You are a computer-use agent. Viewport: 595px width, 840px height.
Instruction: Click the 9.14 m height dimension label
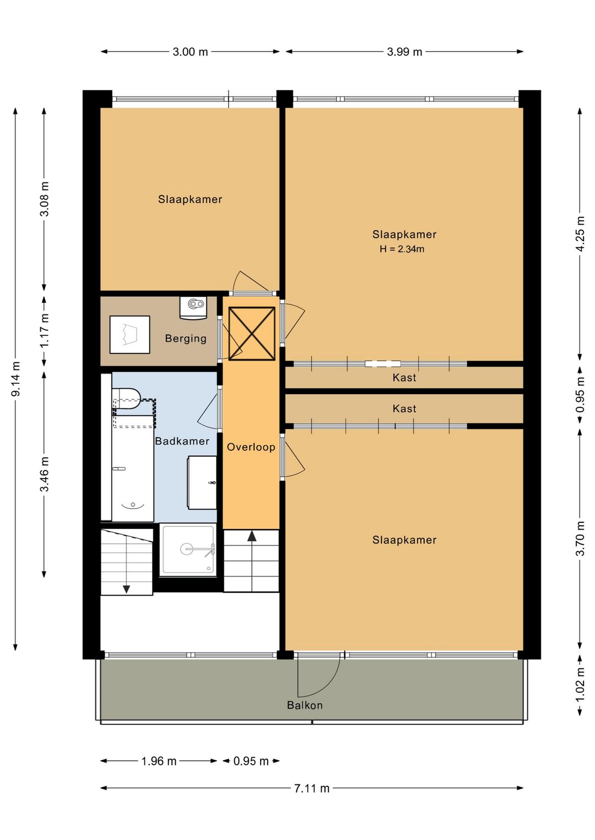[x=16, y=379]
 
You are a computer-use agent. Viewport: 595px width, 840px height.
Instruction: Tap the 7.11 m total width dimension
[x=312, y=788]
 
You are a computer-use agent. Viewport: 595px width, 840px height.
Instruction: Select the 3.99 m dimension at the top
[x=404, y=52]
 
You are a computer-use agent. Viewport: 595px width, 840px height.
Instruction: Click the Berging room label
[x=186, y=339]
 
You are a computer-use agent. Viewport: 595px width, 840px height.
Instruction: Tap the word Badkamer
[x=182, y=441]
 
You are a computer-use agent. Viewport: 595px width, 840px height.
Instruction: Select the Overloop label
[x=251, y=447]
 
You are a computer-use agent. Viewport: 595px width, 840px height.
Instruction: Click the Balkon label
[x=305, y=705]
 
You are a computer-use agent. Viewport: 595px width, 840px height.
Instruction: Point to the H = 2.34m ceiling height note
[x=402, y=249]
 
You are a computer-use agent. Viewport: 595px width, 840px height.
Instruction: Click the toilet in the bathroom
[x=126, y=399]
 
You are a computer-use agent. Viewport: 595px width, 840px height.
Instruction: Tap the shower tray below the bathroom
[x=188, y=550]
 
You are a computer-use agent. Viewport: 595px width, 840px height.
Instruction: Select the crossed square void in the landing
[x=252, y=334]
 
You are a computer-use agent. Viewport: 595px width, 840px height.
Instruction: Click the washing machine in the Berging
[x=130, y=335]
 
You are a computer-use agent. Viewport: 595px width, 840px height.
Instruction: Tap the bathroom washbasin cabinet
[x=202, y=483]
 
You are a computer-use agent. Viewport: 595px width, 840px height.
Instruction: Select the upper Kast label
[x=404, y=378]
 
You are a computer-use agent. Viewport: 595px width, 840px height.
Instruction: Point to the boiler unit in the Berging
[x=193, y=308]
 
